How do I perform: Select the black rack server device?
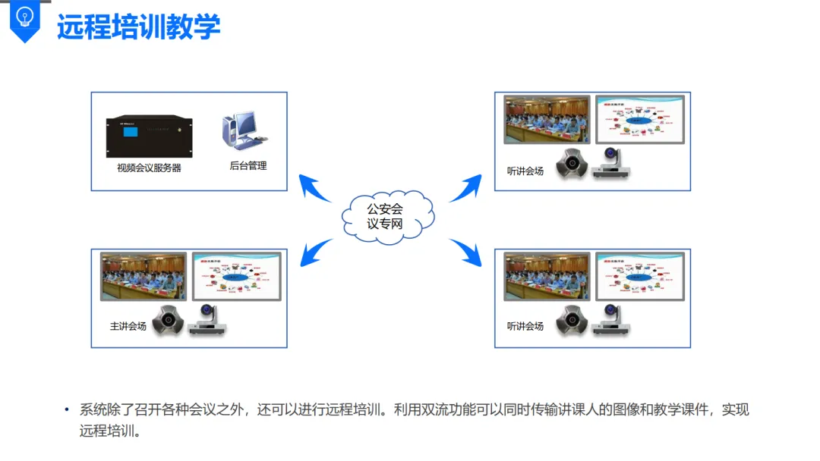[150, 136]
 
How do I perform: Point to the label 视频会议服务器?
[149, 168]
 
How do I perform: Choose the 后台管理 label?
[248, 165]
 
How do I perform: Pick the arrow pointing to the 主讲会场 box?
[315, 252]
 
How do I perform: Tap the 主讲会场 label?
[128, 327]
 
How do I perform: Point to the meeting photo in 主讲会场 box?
[143, 277]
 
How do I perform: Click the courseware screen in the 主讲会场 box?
[236, 276]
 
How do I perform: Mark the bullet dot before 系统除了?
[68, 410]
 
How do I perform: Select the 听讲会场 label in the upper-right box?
[525, 171]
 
